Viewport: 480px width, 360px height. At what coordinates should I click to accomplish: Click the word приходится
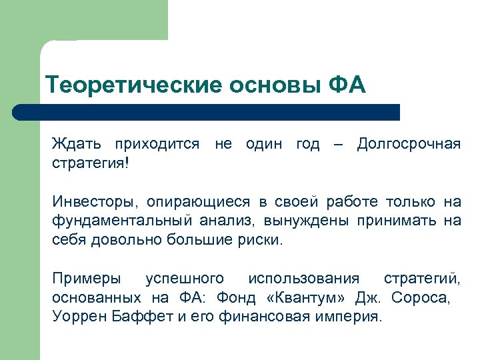pyautogui.click(x=157, y=143)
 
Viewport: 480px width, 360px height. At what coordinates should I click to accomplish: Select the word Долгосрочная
pyautogui.click(x=409, y=143)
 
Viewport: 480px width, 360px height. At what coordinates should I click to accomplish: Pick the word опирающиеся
pyautogui.click(x=188, y=201)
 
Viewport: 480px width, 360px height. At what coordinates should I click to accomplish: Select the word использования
pyautogui.click(x=303, y=278)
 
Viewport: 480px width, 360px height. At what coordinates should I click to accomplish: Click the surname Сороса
pyautogui.click(x=423, y=297)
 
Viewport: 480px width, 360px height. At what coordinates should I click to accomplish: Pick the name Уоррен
pyautogui.click(x=78, y=317)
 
